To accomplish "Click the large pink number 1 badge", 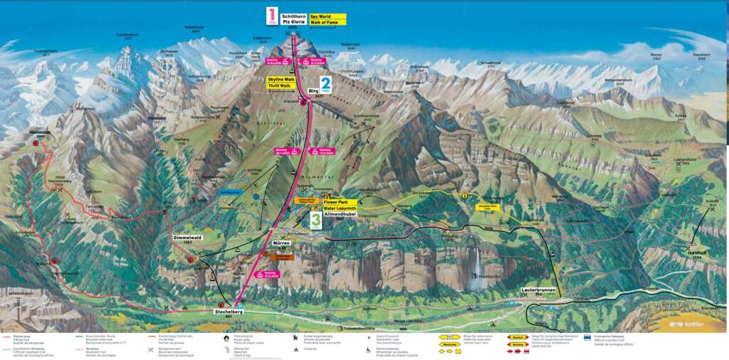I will (271, 16).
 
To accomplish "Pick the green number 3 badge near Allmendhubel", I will (315, 218).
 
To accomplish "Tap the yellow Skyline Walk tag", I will (281, 78).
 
